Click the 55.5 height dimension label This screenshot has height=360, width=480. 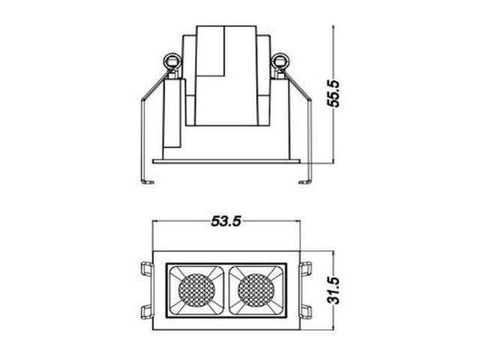(333, 94)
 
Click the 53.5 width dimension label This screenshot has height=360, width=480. (226, 221)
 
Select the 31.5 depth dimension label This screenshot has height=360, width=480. (333, 290)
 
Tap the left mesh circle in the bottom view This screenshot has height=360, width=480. (196, 290)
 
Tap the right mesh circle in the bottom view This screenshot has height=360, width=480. (256, 290)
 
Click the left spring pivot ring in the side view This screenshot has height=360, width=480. (172, 61)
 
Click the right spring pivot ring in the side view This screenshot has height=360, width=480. (280, 61)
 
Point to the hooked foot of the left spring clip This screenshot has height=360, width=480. (147, 181)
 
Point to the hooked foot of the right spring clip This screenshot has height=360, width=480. (305, 181)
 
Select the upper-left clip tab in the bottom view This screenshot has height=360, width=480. (147, 268)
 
